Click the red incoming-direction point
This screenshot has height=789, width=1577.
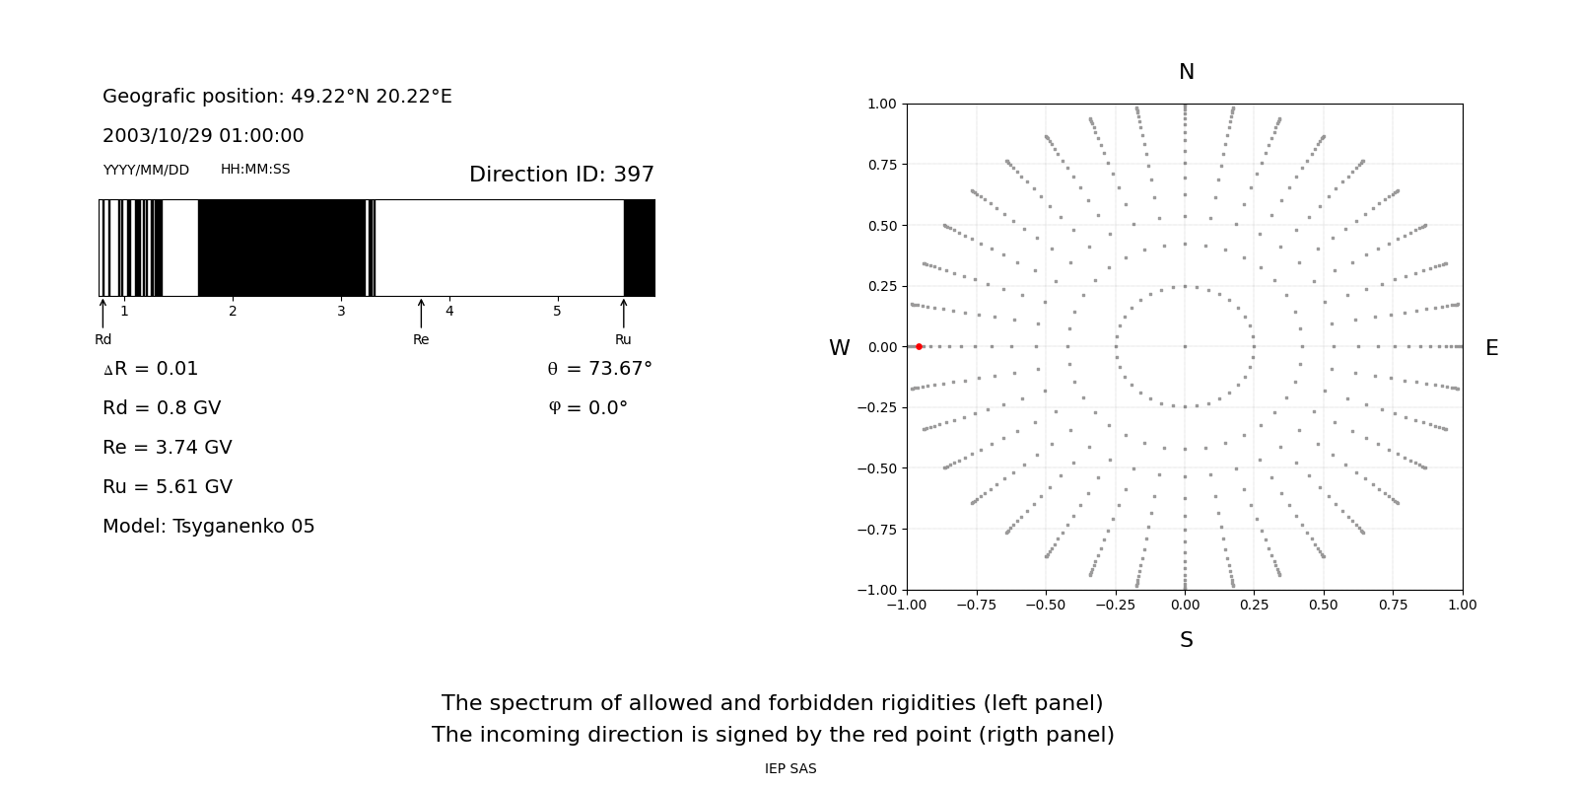[x=919, y=346]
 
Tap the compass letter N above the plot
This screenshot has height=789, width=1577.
[x=1186, y=72]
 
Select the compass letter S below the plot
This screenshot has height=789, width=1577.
[x=1186, y=640]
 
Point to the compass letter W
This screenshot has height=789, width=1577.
[x=839, y=348]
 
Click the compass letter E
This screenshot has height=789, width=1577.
[x=1491, y=348]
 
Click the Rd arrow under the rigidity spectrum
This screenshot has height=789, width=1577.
[x=103, y=313]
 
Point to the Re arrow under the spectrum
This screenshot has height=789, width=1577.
[x=421, y=313]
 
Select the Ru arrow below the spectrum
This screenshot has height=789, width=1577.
[x=623, y=313]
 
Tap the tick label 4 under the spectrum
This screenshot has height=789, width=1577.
[x=449, y=312]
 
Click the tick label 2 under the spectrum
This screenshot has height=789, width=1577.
[x=233, y=312]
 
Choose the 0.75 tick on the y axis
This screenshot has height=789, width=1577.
[x=881, y=165]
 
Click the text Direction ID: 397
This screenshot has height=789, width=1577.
[x=561, y=175]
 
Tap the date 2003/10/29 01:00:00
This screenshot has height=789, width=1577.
[x=203, y=136]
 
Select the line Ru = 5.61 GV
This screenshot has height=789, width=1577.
[x=168, y=487]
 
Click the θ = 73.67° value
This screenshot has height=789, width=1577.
[x=599, y=369]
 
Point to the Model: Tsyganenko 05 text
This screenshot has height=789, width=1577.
[x=209, y=527]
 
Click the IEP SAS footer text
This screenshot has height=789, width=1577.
[x=789, y=769]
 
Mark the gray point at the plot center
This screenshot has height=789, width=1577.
[x=1185, y=346]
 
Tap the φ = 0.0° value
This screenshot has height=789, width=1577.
[x=587, y=408]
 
